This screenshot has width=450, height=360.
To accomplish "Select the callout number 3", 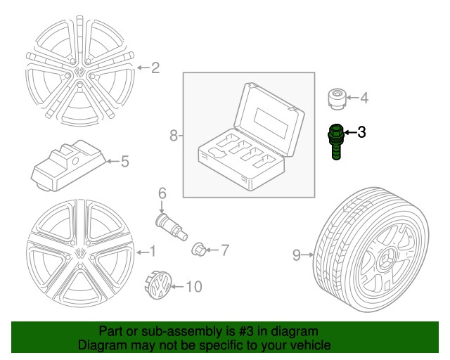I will point(361,131).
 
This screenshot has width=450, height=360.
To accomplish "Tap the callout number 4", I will point(364,98).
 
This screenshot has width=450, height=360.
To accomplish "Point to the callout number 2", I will point(155,68).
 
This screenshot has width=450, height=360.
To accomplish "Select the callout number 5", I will point(124,162).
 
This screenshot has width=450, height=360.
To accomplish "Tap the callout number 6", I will point(161,193).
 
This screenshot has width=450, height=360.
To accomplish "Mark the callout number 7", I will point(225,249).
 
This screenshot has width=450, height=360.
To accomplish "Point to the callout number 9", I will point(297,255).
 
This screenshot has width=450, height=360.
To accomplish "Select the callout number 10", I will point(193,287).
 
